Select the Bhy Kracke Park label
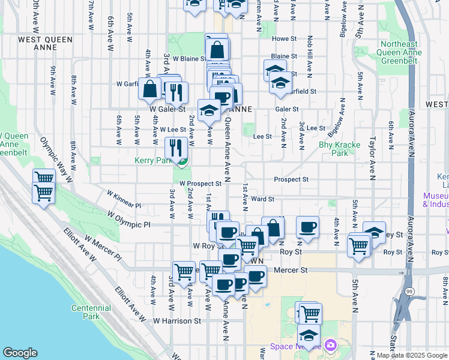coord(334,149)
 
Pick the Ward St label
coord(263,199)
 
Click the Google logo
coord(20,353)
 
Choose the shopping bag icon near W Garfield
coord(148,89)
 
